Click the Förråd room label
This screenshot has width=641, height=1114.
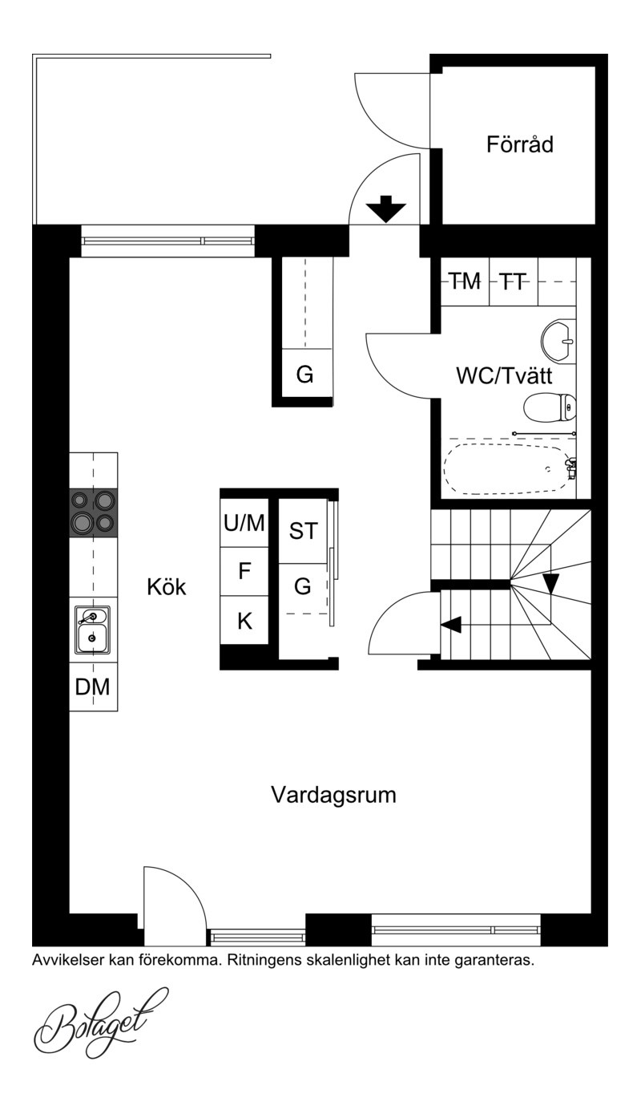pyautogui.click(x=519, y=144)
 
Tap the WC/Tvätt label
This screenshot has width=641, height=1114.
pyautogui.click(x=504, y=375)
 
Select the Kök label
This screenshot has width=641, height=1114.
pyautogui.click(x=167, y=587)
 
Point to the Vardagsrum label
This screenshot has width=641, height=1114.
pyautogui.click(x=333, y=795)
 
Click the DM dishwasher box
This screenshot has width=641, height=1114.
pyautogui.click(x=94, y=687)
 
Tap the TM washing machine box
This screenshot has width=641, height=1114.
pyautogui.click(x=465, y=282)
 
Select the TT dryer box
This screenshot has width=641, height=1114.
pyautogui.click(x=514, y=282)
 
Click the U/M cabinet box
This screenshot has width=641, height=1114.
pyautogui.click(x=244, y=523)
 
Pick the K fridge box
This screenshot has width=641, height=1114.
pyautogui.click(x=244, y=621)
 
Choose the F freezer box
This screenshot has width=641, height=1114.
pyautogui.click(x=244, y=572)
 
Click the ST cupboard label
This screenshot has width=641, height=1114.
pyautogui.click(x=303, y=531)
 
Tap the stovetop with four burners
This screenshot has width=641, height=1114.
pyautogui.click(x=94, y=513)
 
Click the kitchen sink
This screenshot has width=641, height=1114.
pyautogui.click(x=92, y=630)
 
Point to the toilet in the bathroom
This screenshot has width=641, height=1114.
pyautogui.click(x=550, y=407)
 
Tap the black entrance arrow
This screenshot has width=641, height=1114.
pyautogui.click(x=386, y=209)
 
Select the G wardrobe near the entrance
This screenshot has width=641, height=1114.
pyautogui.click(x=304, y=374)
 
